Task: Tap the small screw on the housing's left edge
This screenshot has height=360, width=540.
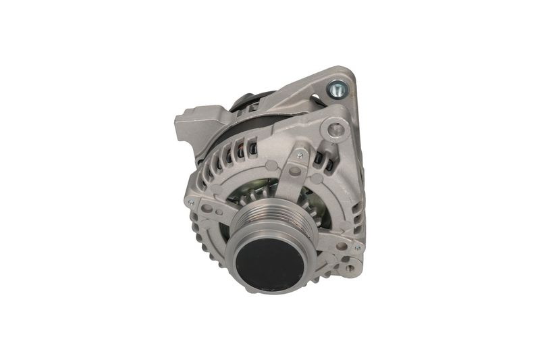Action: point(192,202)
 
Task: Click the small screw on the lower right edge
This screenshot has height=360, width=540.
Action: point(356,248)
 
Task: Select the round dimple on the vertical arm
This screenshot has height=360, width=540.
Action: point(295,172)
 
